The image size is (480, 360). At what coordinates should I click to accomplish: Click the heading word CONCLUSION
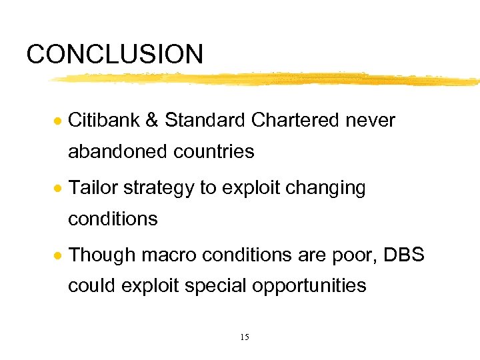coord(115,54)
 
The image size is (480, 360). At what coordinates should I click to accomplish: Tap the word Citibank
coord(104,120)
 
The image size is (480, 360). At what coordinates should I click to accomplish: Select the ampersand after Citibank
coord(152,121)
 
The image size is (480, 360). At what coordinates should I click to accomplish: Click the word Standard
coord(205,120)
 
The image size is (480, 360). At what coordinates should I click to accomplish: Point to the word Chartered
coord(294,120)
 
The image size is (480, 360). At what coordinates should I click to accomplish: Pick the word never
coord(371,121)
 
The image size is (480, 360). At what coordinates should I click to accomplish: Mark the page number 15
coord(244,337)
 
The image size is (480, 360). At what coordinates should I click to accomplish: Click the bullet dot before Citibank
coord(59,121)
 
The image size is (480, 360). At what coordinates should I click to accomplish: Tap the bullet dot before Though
coord(59,256)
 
